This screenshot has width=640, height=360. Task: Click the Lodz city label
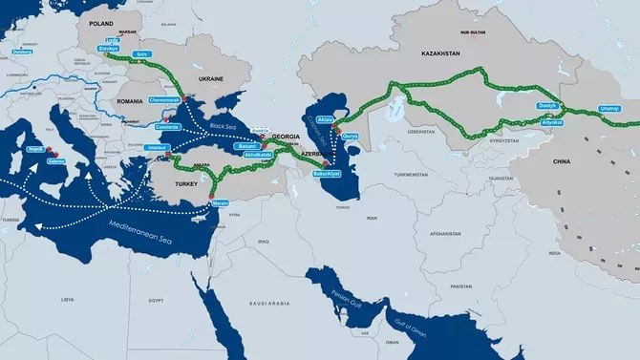click(x=113, y=41)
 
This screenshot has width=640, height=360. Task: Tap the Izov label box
click(x=142, y=54)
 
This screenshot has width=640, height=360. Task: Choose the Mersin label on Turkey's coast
click(x=217, y=204)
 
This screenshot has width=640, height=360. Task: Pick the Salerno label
click(x=57, y=161)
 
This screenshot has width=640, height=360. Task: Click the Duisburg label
click(x=20, y=66)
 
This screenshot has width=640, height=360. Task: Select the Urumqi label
click(x=610, y=108)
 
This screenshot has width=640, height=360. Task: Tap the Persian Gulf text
click(x=340, y=293)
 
